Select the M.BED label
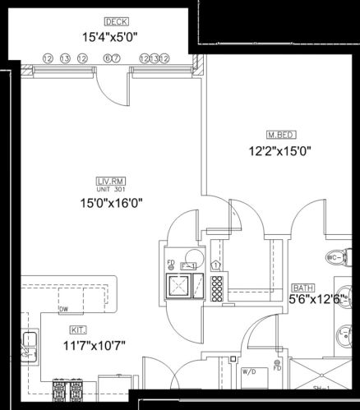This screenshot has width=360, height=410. (280, 134)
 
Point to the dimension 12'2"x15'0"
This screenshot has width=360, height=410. (280, 150)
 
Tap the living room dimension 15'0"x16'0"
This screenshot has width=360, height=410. (106, 204)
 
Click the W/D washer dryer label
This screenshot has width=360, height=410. (247, 371)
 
